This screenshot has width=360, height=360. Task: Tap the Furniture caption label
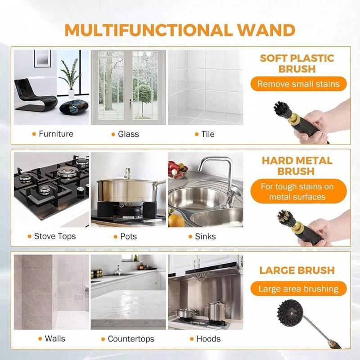pos(56,134)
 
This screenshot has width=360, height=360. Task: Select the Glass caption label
pos(128,134)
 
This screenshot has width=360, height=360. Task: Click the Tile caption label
pos(208,134)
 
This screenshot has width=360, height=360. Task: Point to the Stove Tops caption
pos(55,236)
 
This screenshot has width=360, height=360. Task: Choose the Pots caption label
pos(128,236)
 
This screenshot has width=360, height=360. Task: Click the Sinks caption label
pos(205,236)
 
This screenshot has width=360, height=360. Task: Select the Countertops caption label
pos(131,338)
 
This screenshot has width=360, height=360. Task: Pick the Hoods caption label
pos(208,338)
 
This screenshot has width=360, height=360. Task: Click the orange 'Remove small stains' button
pos(298,84)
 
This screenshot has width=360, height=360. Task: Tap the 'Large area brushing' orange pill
pos(299,288)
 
